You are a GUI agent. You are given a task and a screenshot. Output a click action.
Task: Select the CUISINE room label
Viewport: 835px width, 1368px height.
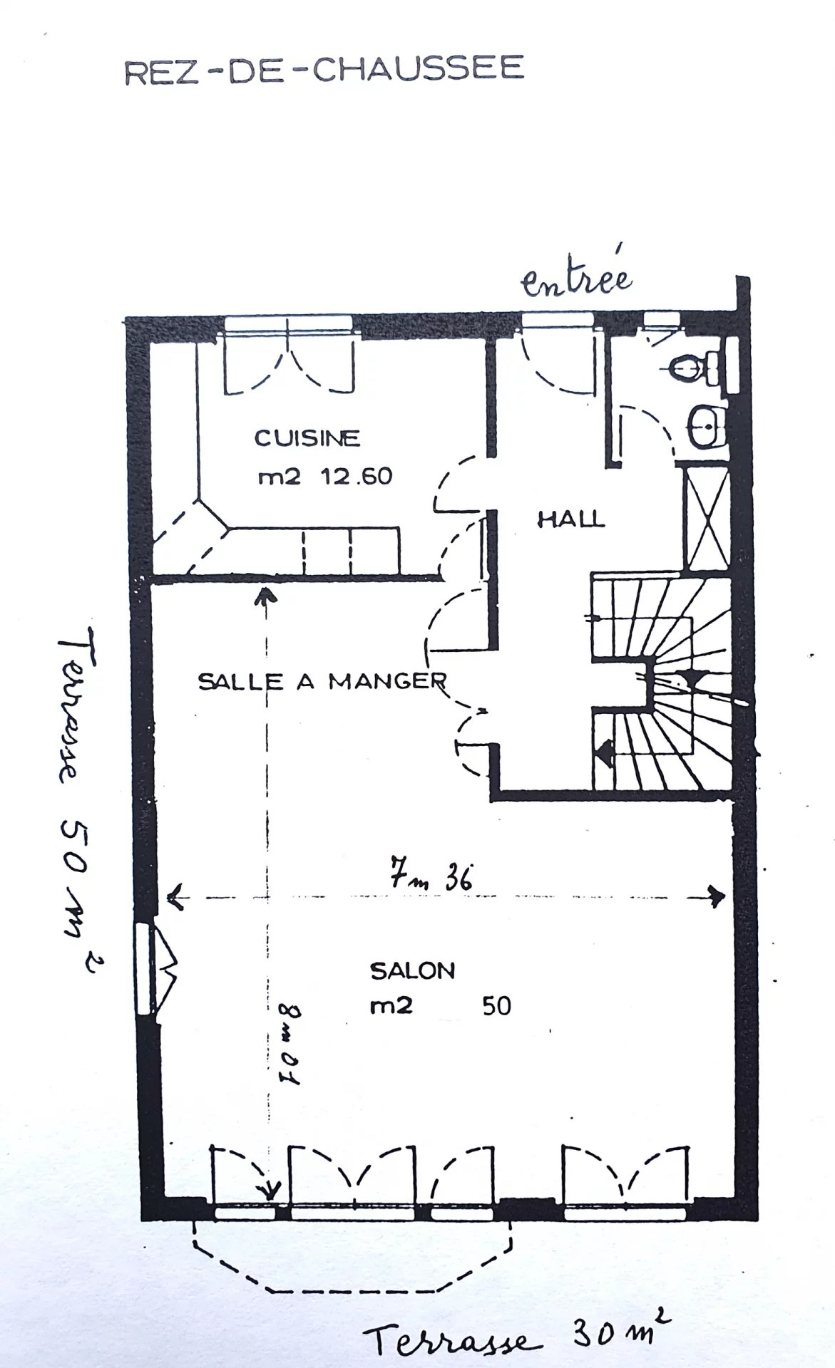pyautogui.click(x=307, y=437)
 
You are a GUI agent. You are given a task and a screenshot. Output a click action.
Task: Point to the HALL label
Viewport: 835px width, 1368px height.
pyautogui.click(x=570, y=519)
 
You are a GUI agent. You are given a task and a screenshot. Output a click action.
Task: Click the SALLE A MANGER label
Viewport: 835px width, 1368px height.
pyautogui.click(x=322, y=681)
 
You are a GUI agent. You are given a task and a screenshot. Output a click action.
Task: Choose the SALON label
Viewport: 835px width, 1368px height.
pyautogui.click(x=412, y=970)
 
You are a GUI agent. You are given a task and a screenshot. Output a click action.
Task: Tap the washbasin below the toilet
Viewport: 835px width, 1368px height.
pyautogui.click(x=706, y=427)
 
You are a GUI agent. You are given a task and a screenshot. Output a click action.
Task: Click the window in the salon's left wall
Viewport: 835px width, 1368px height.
pyautogui.click(x=145, y=968)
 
